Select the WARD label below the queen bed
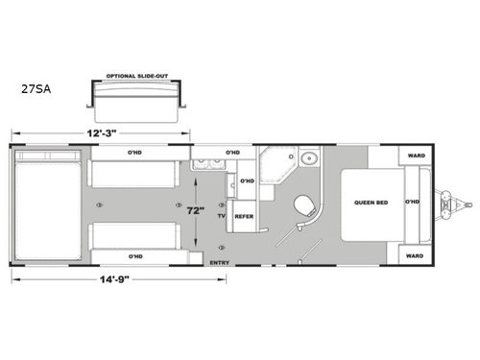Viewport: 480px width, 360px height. pyautogui.click(x=415, y=255)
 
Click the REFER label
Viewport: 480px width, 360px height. pyautogui.click(x=244, y=217)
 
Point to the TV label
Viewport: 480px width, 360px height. pyautogui.click(x=220, y=217)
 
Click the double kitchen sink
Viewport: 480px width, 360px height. pyautogui.click(x=204, y=167)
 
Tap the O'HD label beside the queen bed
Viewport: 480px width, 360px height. pyautogui.click(x=413, y=202)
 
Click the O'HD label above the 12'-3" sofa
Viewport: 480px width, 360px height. pyautogui.click(x=134, y=153)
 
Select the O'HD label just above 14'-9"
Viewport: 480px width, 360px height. pyautogui.click(x=134, y=256)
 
